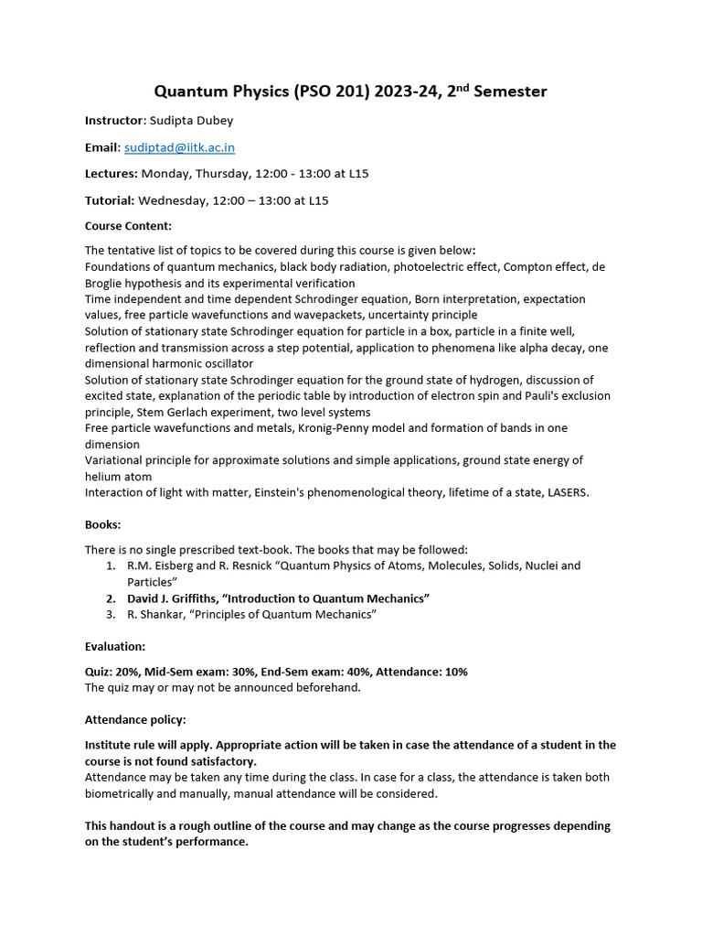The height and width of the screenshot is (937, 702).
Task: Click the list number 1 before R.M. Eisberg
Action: click(111, 565)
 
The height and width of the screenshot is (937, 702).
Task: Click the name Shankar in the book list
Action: click(162, 615)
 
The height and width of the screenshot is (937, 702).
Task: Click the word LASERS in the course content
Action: click(566, 492)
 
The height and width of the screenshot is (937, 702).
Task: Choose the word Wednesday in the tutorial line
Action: click(175, 199)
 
